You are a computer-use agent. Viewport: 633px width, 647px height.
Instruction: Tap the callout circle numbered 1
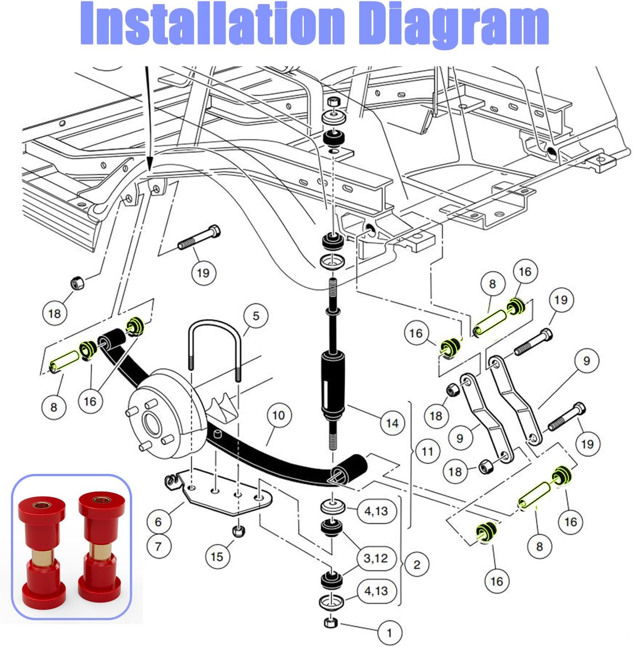click(389, 632)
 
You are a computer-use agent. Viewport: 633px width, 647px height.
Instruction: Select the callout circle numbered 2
click(416, 565)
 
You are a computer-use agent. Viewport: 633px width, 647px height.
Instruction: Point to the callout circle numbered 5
click(256, 316)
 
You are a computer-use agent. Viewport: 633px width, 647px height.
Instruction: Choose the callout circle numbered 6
click(158, 522)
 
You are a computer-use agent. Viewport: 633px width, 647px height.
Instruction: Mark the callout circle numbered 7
click(158, 546)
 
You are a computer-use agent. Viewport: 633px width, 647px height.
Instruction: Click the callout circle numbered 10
click(278, 415)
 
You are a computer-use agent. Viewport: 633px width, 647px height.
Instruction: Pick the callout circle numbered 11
click(427, 452)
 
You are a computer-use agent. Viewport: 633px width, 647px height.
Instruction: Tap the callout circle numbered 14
click(392, 423)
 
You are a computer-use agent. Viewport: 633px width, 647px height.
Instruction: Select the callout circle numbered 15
click(217, 557)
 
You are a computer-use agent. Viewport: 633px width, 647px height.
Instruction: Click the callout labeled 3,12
click(376, 558)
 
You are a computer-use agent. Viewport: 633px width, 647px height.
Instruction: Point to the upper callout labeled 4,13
click(376, 511)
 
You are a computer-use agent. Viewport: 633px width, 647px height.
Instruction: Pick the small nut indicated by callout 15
click(238, 531)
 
